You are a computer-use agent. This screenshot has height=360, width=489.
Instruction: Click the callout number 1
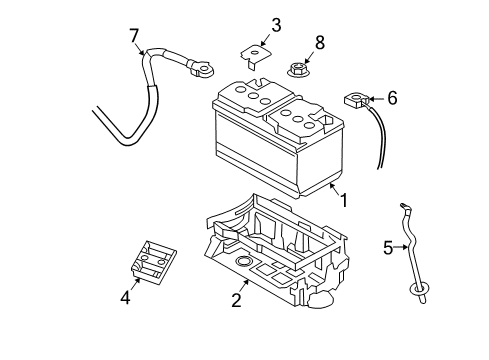tap(343, 200)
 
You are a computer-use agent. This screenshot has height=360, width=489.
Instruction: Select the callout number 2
tap(237, 299)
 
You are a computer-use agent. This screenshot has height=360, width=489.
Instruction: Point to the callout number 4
tap(126, 296)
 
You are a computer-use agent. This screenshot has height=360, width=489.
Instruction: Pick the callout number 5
tap(389, 248)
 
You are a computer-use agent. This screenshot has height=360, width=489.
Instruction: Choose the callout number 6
tap(392, 98)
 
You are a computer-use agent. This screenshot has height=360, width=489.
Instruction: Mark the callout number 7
tap(134, 37)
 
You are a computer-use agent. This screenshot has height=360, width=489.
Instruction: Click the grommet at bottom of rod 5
tap(418, 290)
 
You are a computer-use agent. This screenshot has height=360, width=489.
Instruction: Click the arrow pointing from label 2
tap(244, 286)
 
